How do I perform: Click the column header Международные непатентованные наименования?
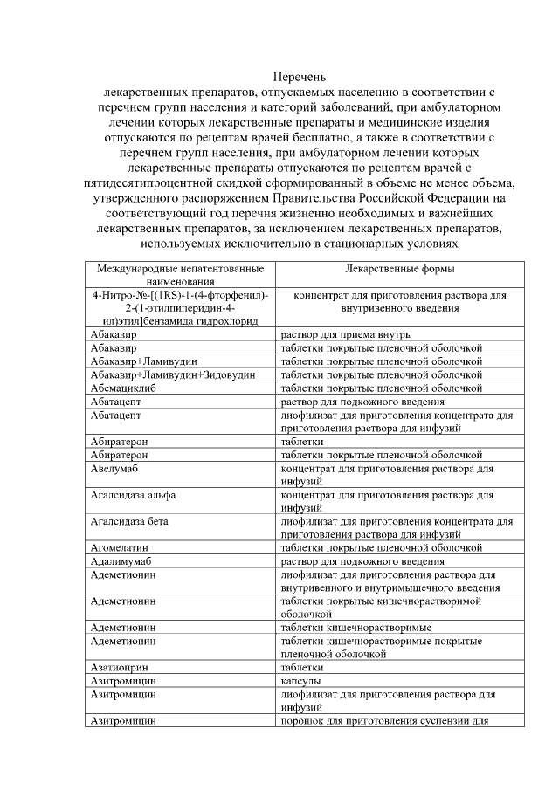(x=180, y=276)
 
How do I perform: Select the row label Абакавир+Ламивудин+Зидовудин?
(x=173, y=374)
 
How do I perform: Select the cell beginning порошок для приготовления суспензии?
(x=382, y=720)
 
